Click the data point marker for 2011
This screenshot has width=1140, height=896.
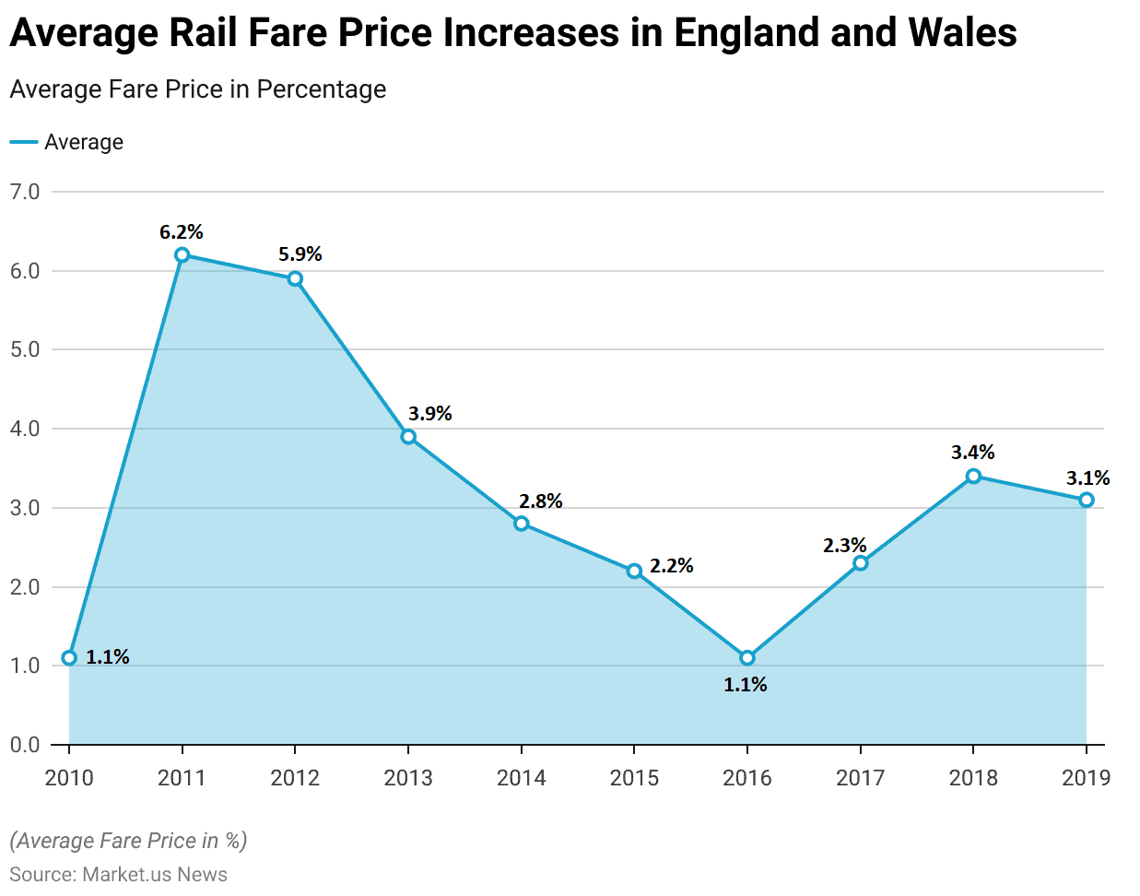(x=182, y=255)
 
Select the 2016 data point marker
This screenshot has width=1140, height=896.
(x=747, y=658)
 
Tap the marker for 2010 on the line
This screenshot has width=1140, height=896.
(x=69, y=658)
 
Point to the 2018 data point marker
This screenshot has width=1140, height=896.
(x=973, y=477)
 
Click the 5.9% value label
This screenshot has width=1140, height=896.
(x=300, y=254)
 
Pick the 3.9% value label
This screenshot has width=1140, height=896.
(x=430, y=414)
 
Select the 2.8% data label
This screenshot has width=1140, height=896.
(x=540, y=501)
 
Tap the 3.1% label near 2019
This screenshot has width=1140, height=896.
(x=1087, y=478)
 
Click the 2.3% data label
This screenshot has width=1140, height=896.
(x=844, y=546)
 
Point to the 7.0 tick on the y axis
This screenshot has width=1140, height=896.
(x=25, y=192)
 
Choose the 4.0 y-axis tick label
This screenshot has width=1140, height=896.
(x=25, y=429)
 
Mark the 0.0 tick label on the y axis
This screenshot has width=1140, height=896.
(x=25, y=745)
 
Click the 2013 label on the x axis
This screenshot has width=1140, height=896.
(x=408, y=778)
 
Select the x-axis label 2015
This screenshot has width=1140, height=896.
(x=634, y=778)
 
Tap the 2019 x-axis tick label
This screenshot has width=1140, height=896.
(x=1087, y=778)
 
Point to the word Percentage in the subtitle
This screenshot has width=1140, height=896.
(x=322, y=89)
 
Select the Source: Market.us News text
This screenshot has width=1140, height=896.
(x=118, y=875)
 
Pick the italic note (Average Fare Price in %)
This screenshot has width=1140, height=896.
(x=128, y=841)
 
